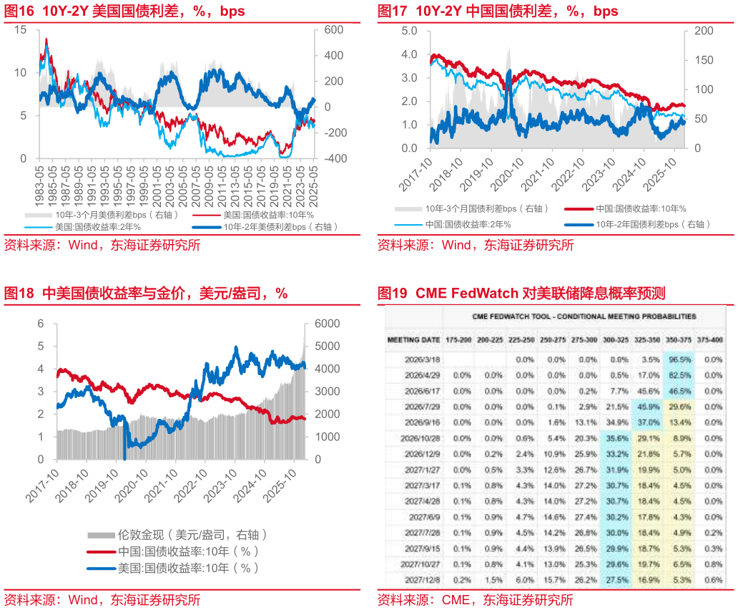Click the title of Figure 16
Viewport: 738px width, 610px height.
point(124,11)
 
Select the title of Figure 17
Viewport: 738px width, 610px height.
point(498,11)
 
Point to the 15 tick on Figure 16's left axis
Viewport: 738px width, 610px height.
point(20,30)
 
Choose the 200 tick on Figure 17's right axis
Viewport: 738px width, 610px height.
point(704,31)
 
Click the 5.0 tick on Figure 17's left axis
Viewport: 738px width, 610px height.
point(409,31)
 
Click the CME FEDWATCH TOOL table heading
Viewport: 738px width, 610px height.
point(584,316)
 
